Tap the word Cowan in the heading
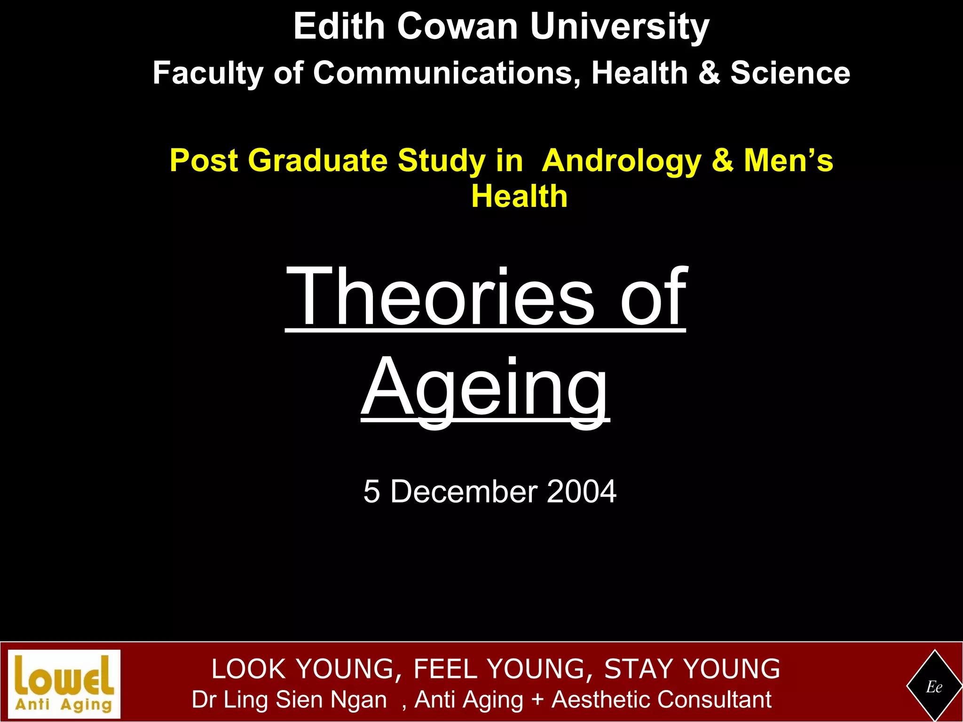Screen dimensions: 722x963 457,26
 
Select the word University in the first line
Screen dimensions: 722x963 619,27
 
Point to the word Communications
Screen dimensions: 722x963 447,73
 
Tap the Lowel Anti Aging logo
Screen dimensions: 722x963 64,684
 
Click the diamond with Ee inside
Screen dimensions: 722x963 934,687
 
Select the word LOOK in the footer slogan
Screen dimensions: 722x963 249,669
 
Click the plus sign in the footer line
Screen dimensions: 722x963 537,699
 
